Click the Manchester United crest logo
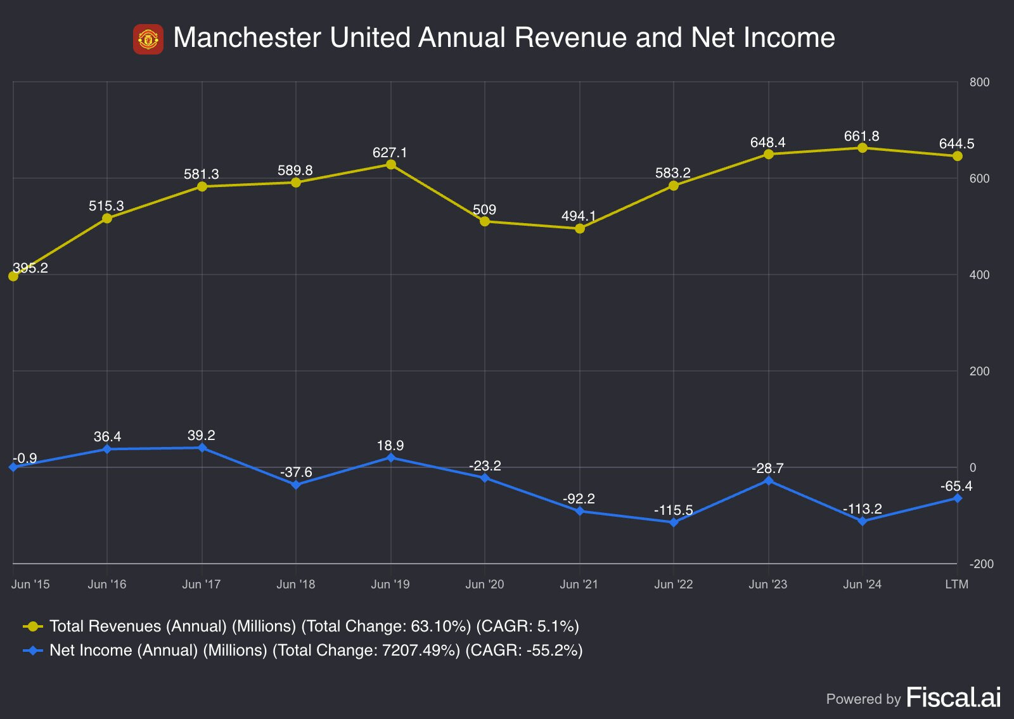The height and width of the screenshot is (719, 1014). click(148, 39)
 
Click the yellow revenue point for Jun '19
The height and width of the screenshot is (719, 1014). click(390, 164)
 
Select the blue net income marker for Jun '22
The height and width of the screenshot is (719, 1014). click(674, 522)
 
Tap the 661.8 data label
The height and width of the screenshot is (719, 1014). click(861, 136)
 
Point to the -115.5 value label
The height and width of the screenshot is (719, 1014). click(674, 510)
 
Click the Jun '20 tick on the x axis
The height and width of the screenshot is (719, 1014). click(485, 584)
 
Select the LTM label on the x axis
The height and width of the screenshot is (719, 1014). click(956, 584)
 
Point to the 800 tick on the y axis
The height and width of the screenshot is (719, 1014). click(979, 82)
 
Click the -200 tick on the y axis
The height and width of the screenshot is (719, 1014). click(982, 564)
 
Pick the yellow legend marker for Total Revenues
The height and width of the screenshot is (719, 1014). click(32, 626)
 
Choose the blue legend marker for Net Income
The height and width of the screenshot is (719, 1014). click(32, 651)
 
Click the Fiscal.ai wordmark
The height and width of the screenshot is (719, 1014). click(954, 697)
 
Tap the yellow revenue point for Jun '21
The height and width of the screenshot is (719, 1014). click(579, 229)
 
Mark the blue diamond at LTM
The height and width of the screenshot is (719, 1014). click(958, 498)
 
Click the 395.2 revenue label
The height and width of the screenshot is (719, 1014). click(30, 268)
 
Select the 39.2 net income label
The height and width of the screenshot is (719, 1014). click(202, 435)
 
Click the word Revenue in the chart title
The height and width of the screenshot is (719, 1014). click(571, 37)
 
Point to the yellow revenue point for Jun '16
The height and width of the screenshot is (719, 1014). click(107, 218)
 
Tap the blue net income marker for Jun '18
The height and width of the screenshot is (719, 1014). click(296, 485)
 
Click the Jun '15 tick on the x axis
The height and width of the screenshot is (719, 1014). click(30, 584)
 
